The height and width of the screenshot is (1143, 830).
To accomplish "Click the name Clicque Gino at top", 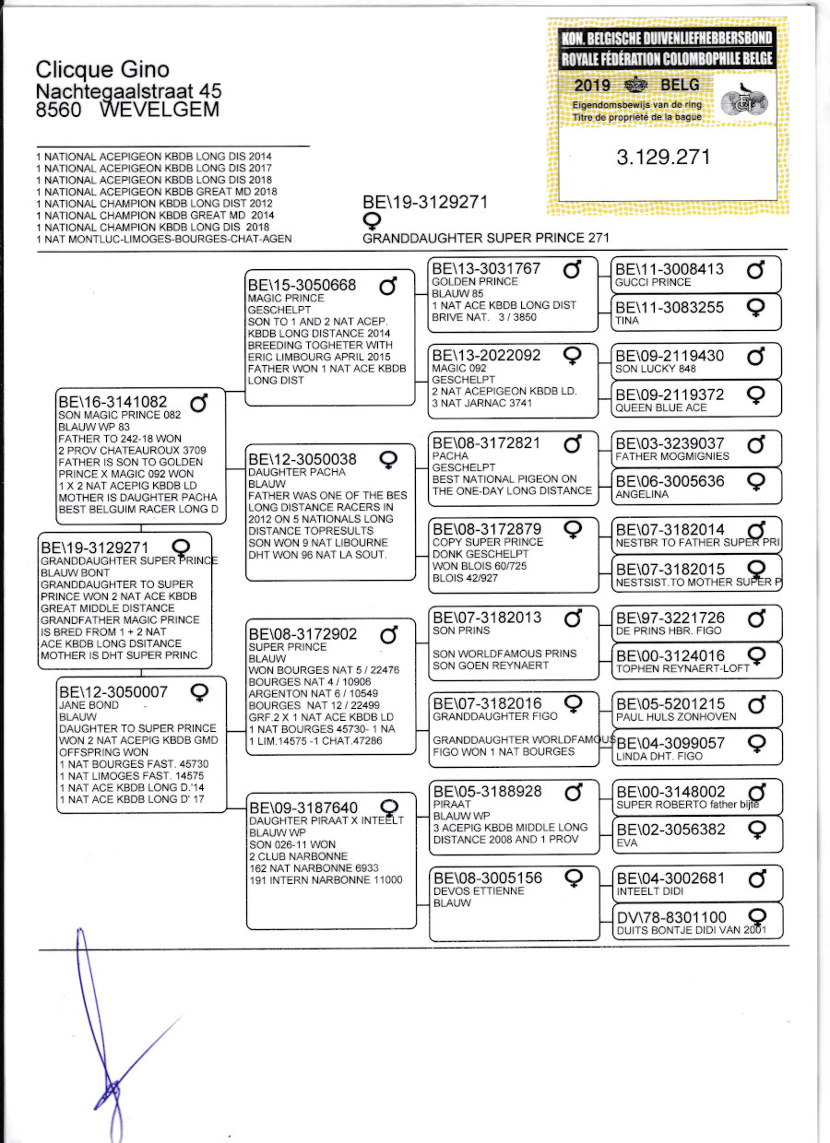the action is tap(102, 69).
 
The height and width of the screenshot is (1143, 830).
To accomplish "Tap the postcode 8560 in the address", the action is tap(58, 110).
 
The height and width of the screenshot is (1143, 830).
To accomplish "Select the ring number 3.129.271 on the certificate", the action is tap(663, 157).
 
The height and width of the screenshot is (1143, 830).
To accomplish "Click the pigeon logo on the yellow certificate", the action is tap(744, 100).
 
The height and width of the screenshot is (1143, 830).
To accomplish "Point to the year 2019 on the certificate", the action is tap(592, 85).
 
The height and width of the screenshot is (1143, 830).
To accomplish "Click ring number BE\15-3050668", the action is tap(302, 285).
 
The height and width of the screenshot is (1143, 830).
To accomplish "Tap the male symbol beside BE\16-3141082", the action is tap(198, 403).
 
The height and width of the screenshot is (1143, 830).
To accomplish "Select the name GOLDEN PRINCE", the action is tap(474, 282).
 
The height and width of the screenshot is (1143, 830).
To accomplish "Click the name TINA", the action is tap(627, 321).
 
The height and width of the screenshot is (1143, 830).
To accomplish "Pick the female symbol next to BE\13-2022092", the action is tap(572, 356).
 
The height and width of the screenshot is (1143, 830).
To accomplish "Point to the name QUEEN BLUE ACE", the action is tap(660, 407).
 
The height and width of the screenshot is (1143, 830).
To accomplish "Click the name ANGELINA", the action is tap(642, 494).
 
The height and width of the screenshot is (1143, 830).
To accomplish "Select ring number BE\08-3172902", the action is tap(302, 634).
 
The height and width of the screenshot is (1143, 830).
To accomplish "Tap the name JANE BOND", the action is tap(89, 705).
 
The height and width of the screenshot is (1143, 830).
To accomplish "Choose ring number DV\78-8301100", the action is tap(671, 917).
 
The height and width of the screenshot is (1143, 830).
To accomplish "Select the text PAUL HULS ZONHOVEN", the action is tap(676, 717).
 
